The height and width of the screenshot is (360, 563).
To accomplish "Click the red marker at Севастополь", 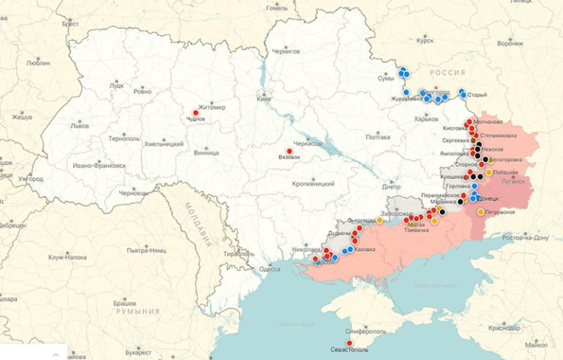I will tap(349, 342).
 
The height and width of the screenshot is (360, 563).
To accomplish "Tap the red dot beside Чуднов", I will tap(196, 113).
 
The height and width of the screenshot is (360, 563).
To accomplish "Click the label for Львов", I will tap(79, 125).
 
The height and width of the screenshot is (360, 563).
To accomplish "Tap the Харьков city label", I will tap(426, 119).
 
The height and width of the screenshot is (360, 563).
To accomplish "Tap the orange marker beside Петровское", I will tap(481, 212).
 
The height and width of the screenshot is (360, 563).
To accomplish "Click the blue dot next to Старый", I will tap(462, 92).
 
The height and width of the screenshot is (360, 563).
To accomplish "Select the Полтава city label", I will tap(378, 137).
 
